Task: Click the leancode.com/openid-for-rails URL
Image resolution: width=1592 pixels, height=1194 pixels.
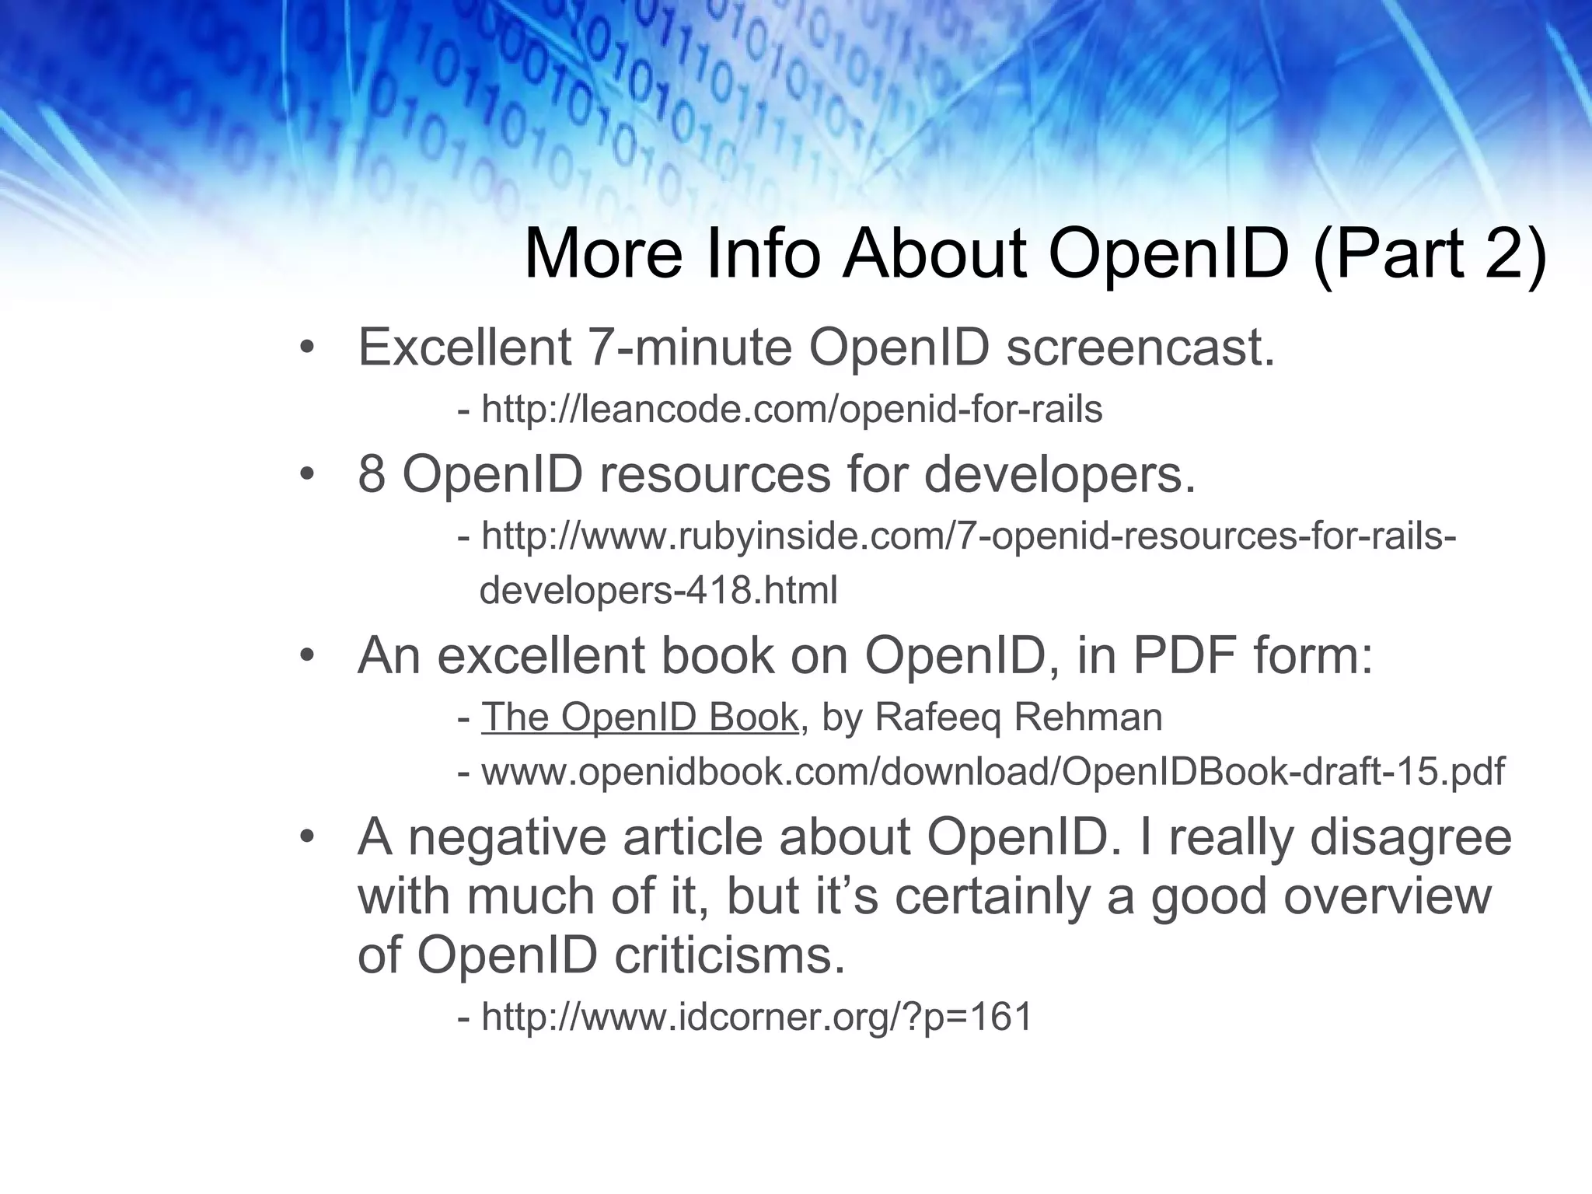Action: coord(791,409)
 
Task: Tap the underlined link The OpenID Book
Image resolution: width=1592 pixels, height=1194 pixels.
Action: coord(640,717)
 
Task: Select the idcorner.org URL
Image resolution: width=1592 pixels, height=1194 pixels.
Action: coord(756,1016)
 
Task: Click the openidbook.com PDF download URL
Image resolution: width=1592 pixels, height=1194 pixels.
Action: coord(993,771)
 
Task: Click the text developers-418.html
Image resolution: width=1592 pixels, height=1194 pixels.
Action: coord(658,590)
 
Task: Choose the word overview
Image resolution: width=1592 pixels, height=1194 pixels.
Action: coord(1387,895)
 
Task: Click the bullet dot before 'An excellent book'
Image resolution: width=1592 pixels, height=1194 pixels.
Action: coord(307,655)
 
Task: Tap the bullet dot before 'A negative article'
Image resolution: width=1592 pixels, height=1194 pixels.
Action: coord(307,837)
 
